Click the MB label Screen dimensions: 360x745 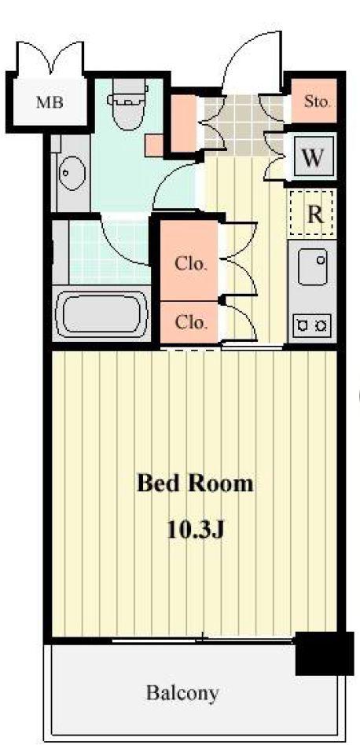coord(50,102)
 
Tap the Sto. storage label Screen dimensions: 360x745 coord(317,101)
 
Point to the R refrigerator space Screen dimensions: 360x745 coord(312,214)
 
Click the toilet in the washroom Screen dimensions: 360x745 coord(127,104)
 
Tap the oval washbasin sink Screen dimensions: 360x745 coord(72,173)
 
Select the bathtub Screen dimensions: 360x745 coord(102,314)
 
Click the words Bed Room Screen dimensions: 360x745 coord(195,484)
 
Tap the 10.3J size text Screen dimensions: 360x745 coord(195,528)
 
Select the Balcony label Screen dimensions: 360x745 coord(182,693)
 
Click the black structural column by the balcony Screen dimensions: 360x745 coord(325,653)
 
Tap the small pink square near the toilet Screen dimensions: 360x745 coord(154,145)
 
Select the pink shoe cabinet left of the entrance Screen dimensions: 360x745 coord(184,123)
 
